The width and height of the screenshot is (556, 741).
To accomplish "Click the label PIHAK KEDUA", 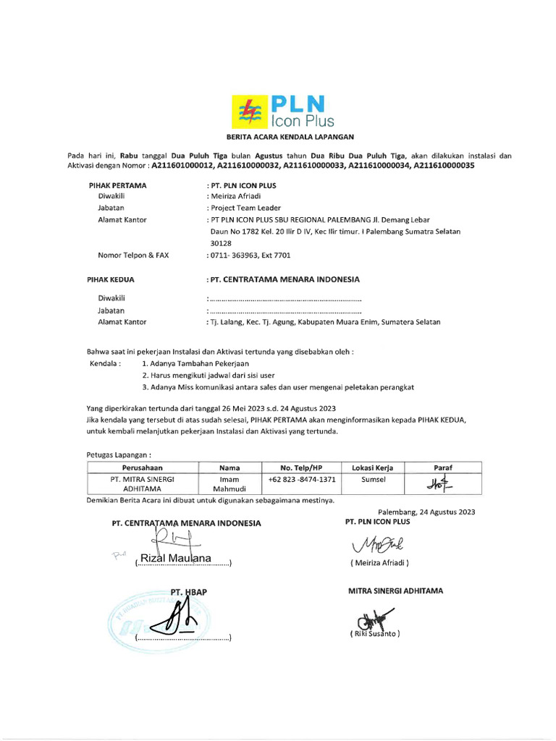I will (111, 279).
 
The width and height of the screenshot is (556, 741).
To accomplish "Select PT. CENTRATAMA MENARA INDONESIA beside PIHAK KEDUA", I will (283, 279).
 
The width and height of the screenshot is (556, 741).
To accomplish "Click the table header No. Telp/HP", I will (301, 467).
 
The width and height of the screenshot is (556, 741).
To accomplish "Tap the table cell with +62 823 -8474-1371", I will (301, 479).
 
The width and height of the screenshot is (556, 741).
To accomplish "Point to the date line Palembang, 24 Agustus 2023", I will (426, 512).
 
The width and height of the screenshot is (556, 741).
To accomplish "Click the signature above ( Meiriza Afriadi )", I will (379, 543).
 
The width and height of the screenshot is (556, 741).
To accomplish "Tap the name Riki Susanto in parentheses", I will (374, 634).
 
